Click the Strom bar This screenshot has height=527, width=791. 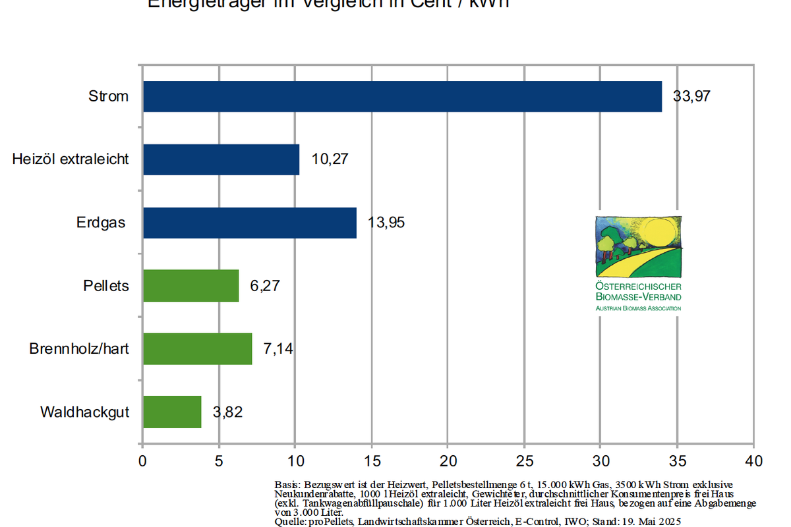[402, 96]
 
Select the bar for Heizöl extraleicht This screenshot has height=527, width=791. [221, 159]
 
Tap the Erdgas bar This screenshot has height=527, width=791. [249, 223]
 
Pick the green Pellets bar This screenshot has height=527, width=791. [190, 286]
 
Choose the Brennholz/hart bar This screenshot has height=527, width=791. [197, 348]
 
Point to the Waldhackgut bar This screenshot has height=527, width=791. [171, 412]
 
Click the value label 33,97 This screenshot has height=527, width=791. [691, 96]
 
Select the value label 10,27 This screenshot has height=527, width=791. [330, 159]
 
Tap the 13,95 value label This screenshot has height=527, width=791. [386, 223]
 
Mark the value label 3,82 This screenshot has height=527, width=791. [227, 412]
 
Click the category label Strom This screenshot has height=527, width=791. [109, 96]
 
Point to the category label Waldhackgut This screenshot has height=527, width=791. [84, 412]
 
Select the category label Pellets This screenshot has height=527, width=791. [106, 286]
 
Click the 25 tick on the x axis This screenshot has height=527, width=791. [524, 460]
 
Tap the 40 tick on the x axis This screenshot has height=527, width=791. [753, 460]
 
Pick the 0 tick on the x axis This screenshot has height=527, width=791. [142, 460]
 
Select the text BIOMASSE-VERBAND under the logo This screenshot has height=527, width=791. [638, 297]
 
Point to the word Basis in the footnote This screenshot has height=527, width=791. [287, 484]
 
